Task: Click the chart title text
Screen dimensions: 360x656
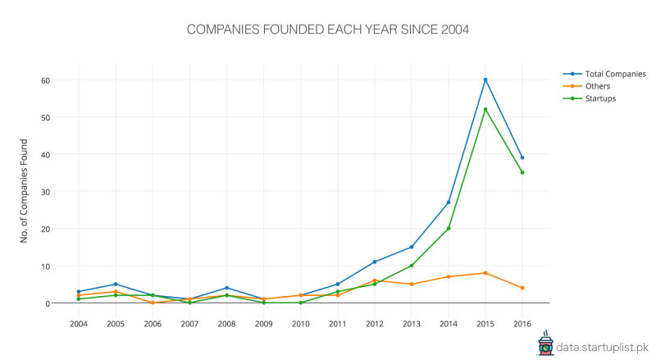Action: (327, 30)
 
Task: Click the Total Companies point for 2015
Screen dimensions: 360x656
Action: (485, 80)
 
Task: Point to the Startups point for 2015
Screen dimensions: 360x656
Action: (485, 109)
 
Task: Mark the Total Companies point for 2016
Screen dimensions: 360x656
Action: (522, 157)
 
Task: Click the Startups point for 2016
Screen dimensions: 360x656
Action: (522, 172)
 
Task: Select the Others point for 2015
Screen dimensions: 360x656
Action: (485, 273)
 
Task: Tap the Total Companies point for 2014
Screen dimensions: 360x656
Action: (449, 202)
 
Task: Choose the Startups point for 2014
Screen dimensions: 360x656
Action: (449, 228)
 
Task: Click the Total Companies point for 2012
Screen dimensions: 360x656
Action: (375, 262)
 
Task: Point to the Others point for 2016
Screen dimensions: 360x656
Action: (522, 288)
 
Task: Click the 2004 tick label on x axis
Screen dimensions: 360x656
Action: (79, 323)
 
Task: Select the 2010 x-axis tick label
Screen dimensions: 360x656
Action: (300, 323)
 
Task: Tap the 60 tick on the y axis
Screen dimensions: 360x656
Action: (46, 80)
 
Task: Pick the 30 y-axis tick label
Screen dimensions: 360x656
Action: (46, 192)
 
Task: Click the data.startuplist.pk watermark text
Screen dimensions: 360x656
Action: (603, 347)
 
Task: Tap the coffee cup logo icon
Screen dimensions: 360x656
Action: (545, 345)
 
